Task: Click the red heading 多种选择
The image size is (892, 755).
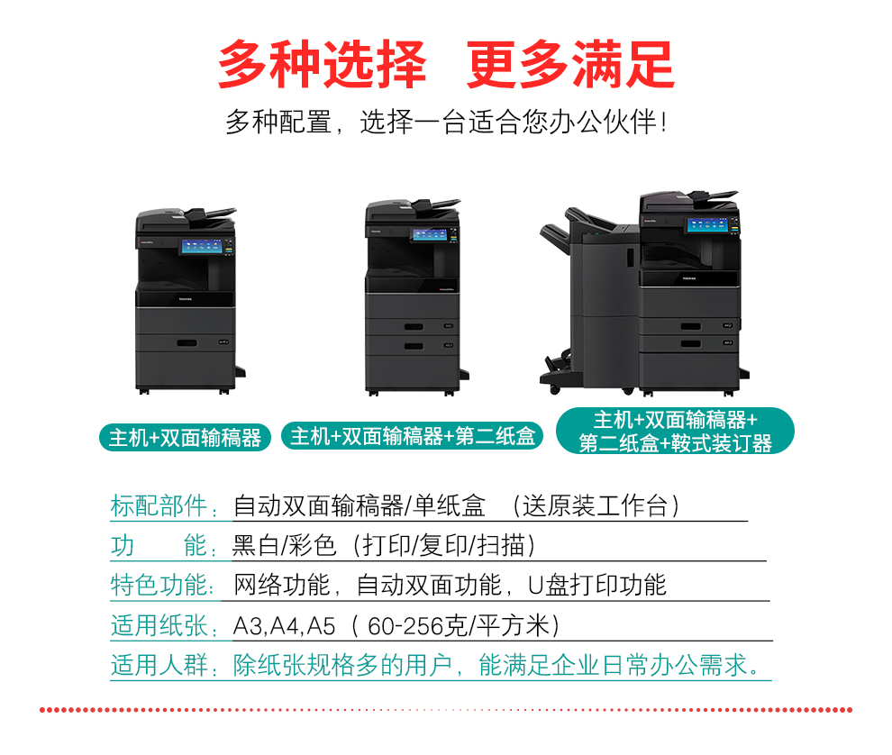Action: (322, 64)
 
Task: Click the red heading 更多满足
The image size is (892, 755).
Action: (570, 64)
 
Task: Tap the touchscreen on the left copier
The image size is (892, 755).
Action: (202, 246)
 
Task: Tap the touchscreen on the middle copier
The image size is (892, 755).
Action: (430, 234)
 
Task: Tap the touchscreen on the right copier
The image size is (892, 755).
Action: (707, 224)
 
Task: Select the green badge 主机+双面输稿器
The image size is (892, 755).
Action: (185, 438)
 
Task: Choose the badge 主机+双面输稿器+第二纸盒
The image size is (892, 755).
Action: (413, 436)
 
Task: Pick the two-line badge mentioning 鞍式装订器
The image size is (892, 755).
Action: (675, 432)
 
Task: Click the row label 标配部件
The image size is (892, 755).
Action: (159, 505)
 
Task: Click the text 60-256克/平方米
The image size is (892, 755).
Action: (458, 626)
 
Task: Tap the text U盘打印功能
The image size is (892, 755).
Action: (596, 585)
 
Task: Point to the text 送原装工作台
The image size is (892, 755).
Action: (595, 505)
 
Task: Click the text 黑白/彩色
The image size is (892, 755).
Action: (284, 545)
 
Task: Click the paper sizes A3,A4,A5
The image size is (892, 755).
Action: (285, 626)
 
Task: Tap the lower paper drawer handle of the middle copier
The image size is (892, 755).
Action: (414, 346)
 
